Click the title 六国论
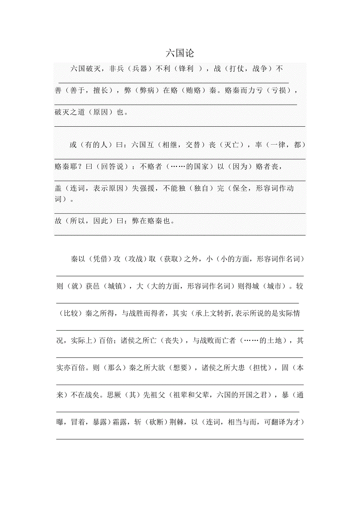(180, 53)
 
